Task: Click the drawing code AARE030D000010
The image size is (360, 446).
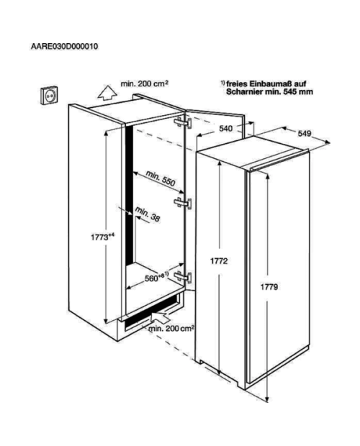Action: [64, 46]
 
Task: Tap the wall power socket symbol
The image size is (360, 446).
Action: [49, 95]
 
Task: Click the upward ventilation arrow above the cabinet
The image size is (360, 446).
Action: [107, 93]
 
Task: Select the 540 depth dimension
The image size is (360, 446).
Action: [225, 129]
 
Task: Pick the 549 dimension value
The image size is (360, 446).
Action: [305, 133]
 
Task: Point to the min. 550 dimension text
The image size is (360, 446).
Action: [161, 178]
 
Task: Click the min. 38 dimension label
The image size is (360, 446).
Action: [148, 214]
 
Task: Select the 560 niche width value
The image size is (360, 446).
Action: [157, 277]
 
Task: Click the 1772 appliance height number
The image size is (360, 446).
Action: [219, 261]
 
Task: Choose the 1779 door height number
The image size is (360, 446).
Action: [269, 287]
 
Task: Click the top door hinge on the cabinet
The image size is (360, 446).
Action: [183, 122]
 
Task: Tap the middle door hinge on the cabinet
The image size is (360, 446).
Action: [183, 203]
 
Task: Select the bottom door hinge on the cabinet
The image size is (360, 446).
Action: [183, 276]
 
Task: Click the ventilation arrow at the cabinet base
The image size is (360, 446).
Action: [160, 317]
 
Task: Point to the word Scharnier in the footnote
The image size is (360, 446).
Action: [245, 92]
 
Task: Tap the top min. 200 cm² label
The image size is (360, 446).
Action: [145, 84]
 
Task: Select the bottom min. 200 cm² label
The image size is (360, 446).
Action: [171, 329]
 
